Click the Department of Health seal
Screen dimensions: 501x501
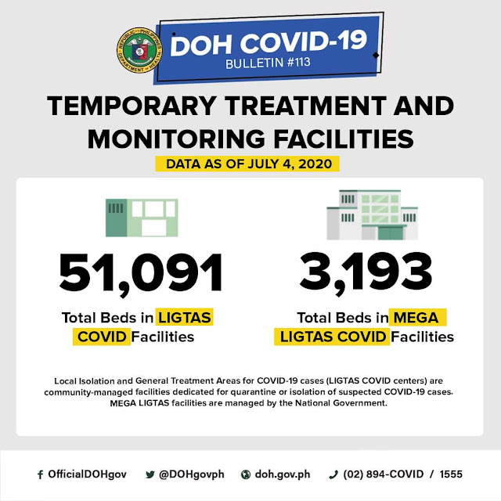(x=139, y=50)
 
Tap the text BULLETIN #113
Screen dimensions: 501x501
(x=268, y=63)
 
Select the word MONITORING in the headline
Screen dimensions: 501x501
(x=176, y=139)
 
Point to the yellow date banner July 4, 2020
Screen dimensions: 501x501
(x=247, y=164)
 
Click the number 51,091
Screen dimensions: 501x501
(x=141, y=274)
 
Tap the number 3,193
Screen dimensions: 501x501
(x=366, y=272)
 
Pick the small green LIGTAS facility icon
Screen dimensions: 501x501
(x=142, y=218)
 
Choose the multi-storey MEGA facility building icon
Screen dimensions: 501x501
(x=373, y=214)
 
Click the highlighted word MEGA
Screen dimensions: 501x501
(x=416, y=318)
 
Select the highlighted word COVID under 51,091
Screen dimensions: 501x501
(x=102, y=337)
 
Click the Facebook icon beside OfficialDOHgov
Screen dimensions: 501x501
(x=40, y=475)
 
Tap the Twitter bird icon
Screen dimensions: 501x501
(x=150, y=474)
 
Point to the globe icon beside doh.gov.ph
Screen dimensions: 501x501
(x=245, y=475)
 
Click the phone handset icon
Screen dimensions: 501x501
(x=333, y=475)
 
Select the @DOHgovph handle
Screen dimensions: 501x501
(x=191, y=474)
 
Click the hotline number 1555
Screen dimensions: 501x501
(x=451, y=474)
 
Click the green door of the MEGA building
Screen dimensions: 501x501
(x=390, y=233)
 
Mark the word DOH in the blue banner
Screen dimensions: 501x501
(x=200, y=46)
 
